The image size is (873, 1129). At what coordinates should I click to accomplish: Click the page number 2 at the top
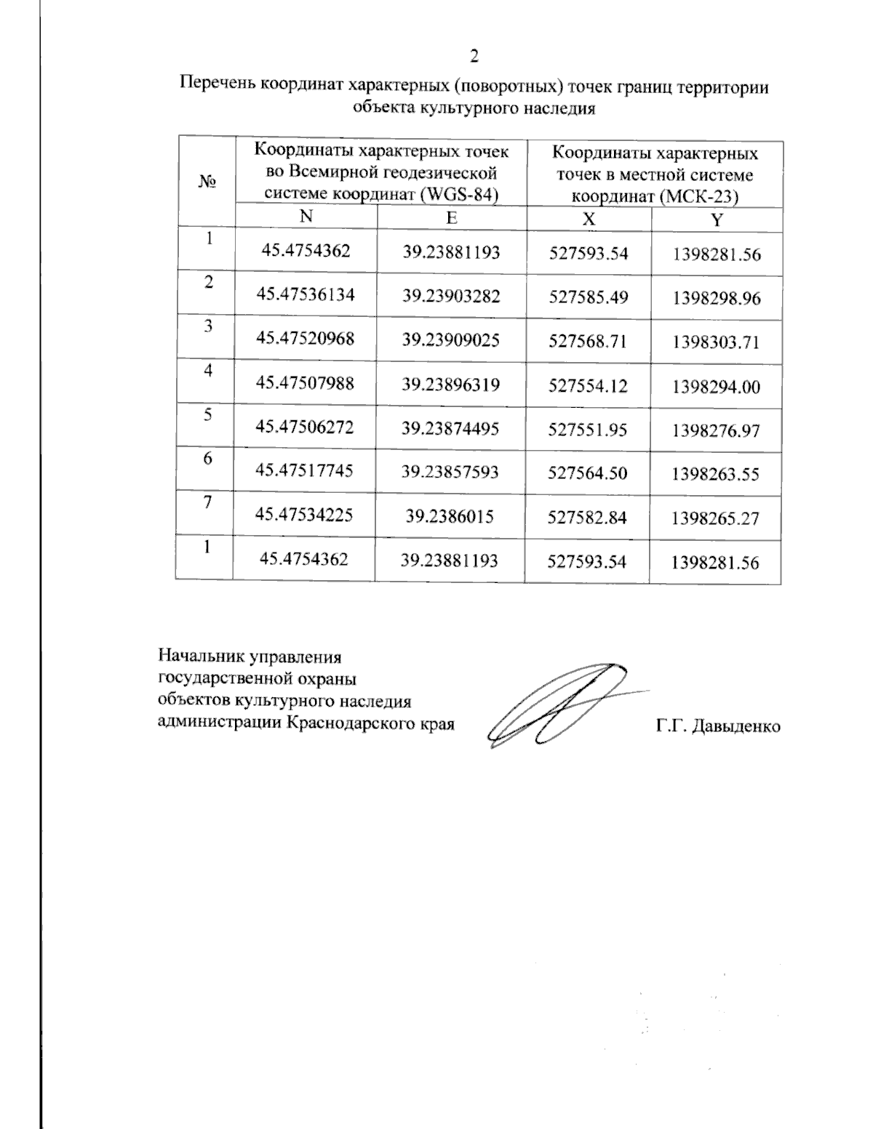pos(474,57)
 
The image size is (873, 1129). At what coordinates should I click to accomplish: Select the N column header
pos(306,217)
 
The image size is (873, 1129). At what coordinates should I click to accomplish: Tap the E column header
pos(452,217)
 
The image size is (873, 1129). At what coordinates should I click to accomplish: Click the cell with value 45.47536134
pos(306,294)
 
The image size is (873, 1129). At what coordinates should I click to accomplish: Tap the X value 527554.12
pos(588,385)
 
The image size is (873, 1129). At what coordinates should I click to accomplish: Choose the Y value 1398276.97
pos(716,430)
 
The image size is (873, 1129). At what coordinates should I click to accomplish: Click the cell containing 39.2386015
pos(450,517)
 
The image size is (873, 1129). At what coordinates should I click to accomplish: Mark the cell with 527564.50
pos(588,473)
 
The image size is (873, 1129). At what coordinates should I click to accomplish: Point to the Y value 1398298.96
pos(716,298)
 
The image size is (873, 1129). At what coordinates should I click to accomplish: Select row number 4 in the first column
pos(208,370)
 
